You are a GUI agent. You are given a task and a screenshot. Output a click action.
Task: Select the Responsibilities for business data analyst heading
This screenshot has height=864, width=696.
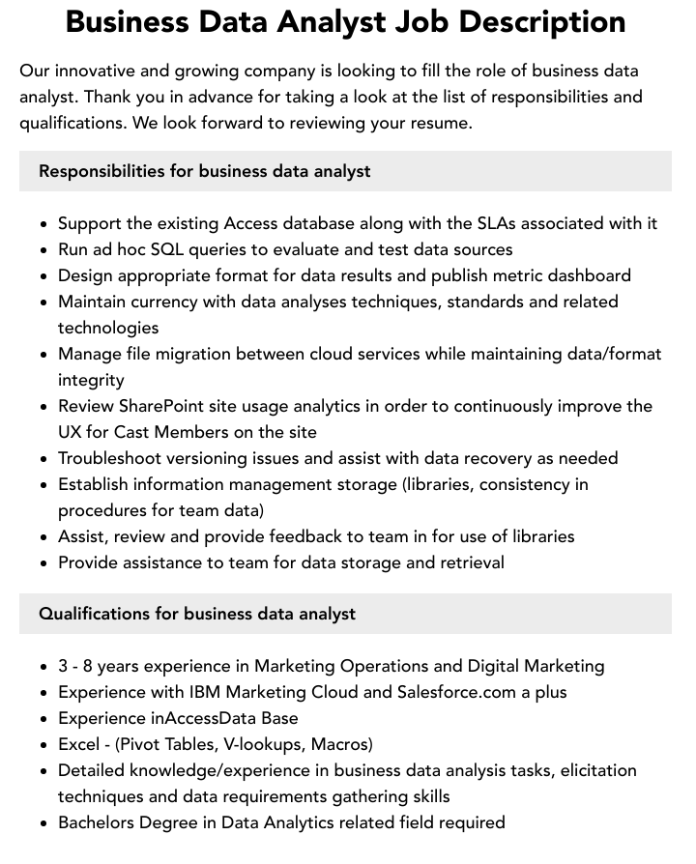click(x=204, y=171)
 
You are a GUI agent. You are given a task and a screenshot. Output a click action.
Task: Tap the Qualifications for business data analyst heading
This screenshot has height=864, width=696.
click(x=197, y=614)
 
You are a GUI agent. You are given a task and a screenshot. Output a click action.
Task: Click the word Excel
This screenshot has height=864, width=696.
click(x=79, y=744)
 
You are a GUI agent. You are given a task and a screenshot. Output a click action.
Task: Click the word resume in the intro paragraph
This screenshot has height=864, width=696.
click(x=439, y=123)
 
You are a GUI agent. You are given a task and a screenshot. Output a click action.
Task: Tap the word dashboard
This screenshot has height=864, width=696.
click(x=589, y=275)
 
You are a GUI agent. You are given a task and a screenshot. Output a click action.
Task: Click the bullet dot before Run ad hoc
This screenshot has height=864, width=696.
click(x=44, y=250)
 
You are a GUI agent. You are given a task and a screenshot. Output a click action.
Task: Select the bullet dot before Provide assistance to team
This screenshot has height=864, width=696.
click(x=44, y=563)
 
